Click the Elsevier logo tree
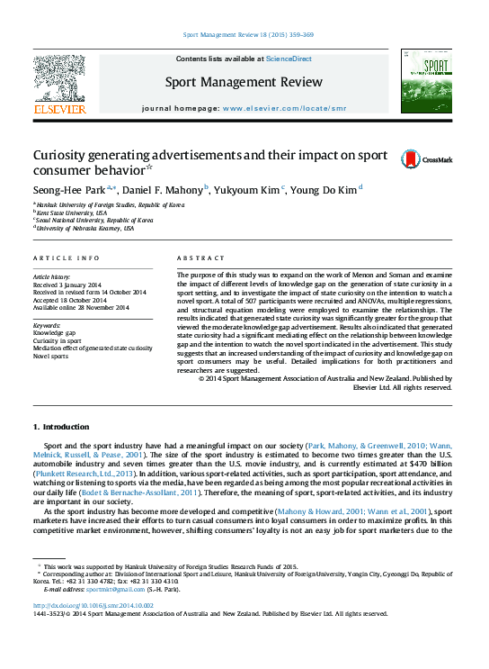pos(60,78)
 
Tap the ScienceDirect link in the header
pos(289,59)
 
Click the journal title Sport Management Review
pos(244,82)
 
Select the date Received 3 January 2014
pos(67,284)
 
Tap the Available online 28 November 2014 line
pos(80,308)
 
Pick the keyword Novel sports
pos(50,355)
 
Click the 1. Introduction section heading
pos(61,427)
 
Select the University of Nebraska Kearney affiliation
pos(85,229)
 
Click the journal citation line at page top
pos(248,34)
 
